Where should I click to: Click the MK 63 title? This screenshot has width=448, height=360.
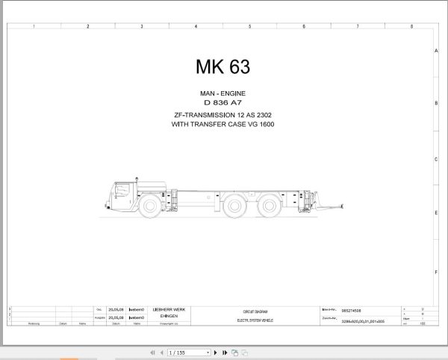tap(223, 66)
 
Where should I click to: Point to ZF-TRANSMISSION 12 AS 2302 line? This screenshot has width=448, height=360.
tap(223, 115)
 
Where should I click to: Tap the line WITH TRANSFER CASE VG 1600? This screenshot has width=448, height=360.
tap(223, 125)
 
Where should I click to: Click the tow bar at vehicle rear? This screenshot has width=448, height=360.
tap(332, 202)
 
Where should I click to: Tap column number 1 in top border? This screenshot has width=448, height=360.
tap(34, 26)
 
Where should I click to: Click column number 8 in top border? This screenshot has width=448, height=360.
tap(411, 26)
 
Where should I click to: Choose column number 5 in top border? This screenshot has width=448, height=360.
tap(249, 26)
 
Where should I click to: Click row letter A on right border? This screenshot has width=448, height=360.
tap(436, 52)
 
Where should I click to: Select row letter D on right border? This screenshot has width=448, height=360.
tap(436, 213)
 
